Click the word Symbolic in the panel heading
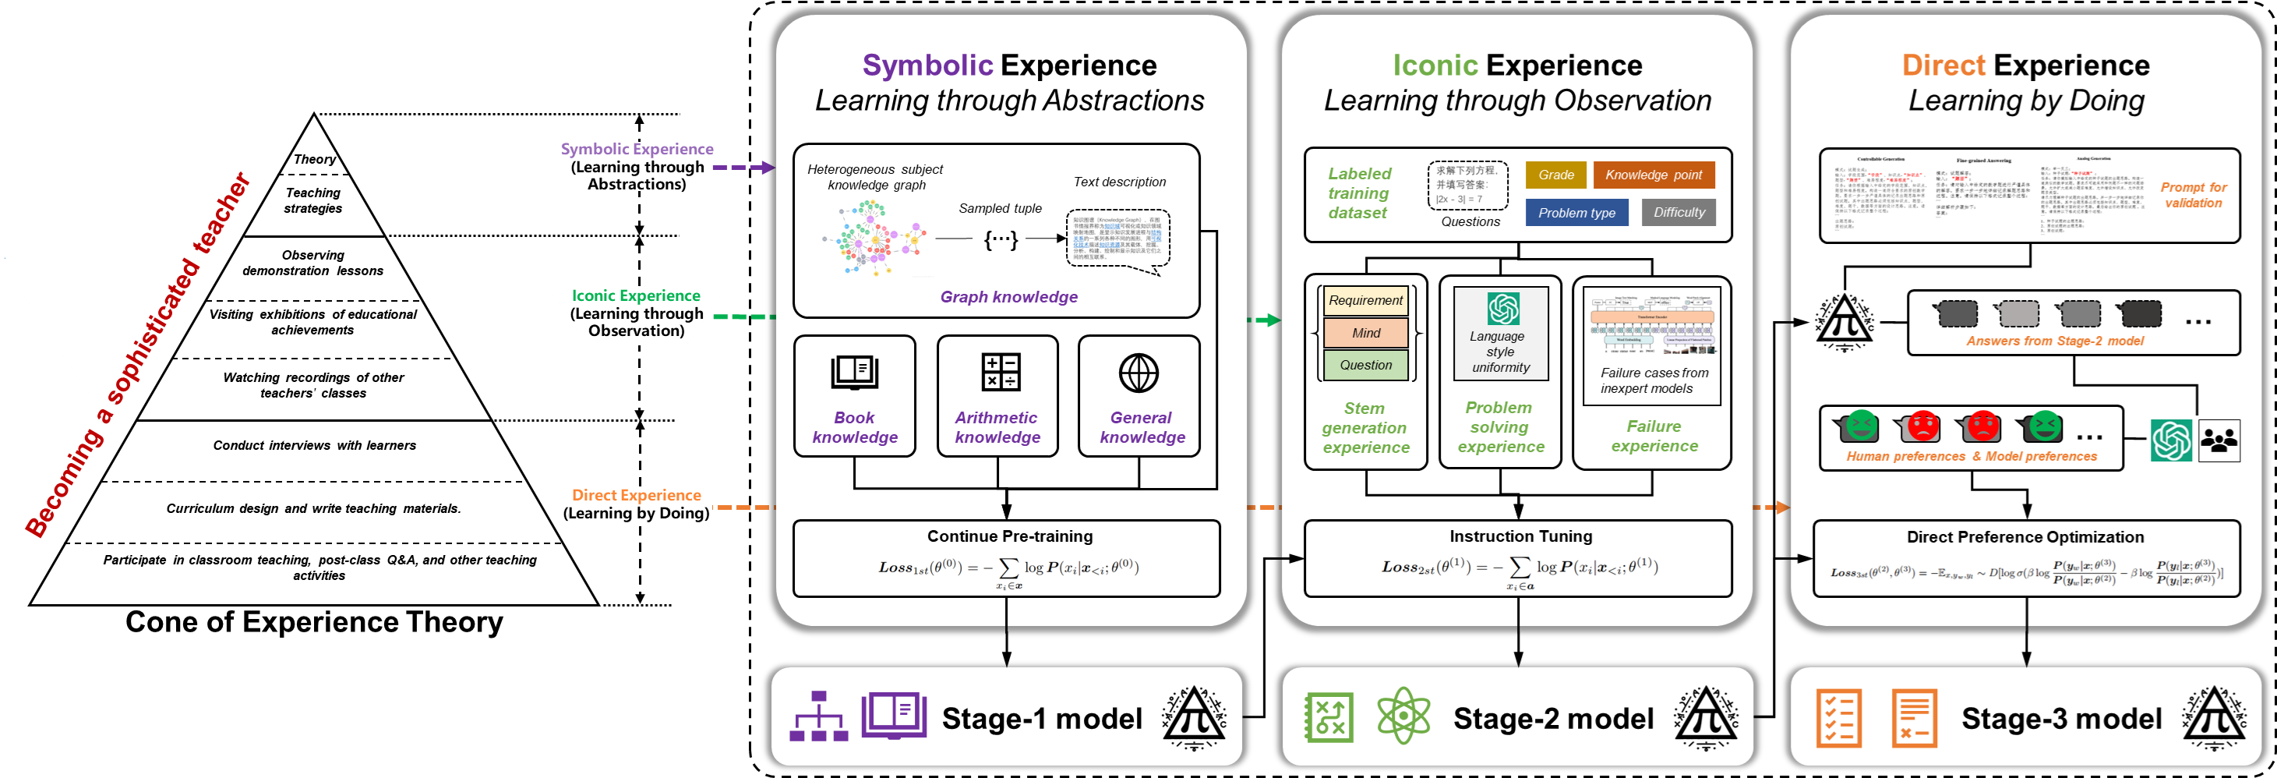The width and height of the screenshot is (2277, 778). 927,65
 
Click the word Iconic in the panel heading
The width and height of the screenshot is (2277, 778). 1435,65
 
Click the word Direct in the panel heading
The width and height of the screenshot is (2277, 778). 1943,65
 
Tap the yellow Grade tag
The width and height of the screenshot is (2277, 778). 1555,175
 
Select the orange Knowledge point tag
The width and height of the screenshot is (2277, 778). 1653,175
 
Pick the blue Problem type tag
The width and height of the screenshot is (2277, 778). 1576,213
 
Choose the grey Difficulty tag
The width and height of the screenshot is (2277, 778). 1679,212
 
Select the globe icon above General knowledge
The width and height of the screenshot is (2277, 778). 1138,373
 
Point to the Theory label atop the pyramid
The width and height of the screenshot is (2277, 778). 315,159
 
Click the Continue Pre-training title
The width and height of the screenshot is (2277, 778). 1009,536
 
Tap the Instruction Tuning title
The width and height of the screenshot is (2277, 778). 1520,536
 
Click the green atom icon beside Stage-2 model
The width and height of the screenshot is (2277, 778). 1403,716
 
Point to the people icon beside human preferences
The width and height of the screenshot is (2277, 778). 2219,440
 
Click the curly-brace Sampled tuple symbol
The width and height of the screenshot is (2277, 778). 1001,239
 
